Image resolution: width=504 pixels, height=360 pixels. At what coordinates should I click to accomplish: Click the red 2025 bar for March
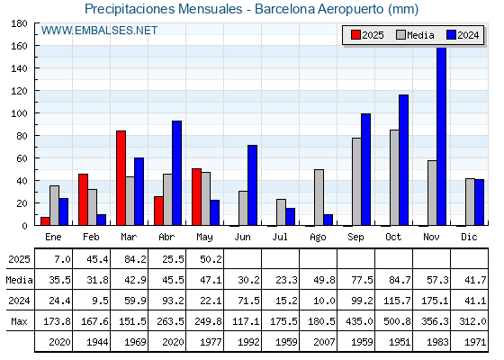point(121,178)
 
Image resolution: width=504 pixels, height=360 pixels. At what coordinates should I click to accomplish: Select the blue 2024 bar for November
point(441,136)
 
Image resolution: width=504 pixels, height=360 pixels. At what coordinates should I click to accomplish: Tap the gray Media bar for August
point(319,197)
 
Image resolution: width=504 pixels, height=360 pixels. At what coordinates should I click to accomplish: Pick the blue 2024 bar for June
point(252,185)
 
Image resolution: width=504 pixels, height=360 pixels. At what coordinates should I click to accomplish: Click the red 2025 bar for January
point(45,221)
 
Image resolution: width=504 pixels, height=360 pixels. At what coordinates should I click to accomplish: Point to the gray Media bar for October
point(394,177)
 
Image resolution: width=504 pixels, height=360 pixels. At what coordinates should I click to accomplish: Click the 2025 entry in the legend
point(367,35)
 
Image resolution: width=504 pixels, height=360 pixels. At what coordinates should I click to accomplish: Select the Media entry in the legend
point(415,35)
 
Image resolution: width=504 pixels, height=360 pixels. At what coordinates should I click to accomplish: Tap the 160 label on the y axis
point(19,46)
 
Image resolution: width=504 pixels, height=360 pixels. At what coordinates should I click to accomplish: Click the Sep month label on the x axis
point(355,237)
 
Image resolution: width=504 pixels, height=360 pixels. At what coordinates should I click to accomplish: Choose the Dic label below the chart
point(469,237)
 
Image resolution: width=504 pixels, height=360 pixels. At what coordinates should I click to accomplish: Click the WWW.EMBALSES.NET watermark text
point(99,31)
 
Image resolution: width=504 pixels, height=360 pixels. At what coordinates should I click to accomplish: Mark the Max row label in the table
point(19,321)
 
